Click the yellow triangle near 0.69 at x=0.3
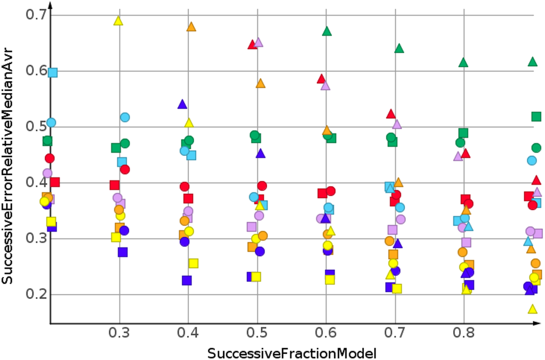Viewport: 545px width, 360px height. [x=118, y=21]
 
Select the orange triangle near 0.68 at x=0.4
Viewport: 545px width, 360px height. [x=191, y=26]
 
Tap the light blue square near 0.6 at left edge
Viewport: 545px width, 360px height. [x=53, y=72]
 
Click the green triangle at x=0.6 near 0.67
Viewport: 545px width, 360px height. [x=327, y=31]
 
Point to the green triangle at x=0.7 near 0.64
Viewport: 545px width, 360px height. [x=399, y=49]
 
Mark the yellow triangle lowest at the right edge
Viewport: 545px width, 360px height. [x=532, y=308]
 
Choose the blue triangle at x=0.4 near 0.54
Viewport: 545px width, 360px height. [x=182, y=104]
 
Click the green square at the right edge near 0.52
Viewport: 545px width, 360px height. [x=536, y=116]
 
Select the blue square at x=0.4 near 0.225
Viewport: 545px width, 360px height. [x=187, y=280]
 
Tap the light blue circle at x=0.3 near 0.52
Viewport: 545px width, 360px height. [x=125, y=117]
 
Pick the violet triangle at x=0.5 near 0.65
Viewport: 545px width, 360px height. [x=258, y=43]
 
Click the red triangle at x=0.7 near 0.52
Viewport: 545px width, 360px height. [x=391, y=114]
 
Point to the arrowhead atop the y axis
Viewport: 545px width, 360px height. [x=50, y=6]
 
